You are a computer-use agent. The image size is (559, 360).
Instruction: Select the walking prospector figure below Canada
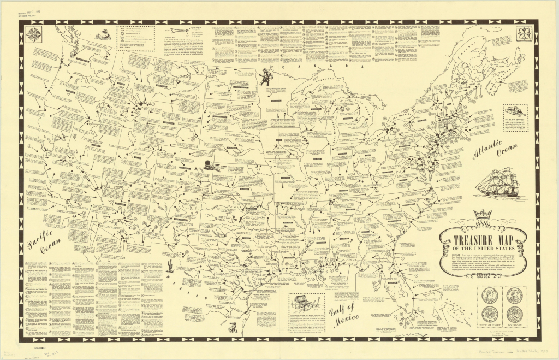(x=266, y=76)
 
